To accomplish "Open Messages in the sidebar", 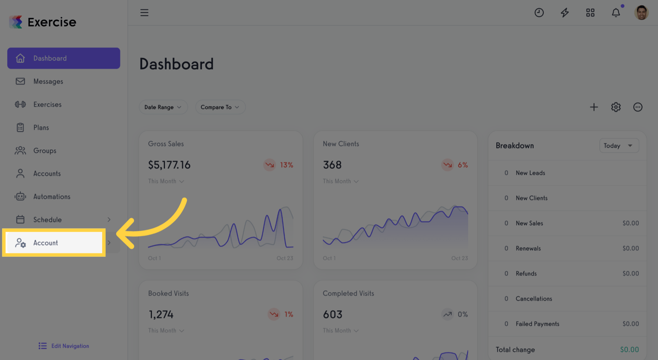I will (x=48, y=81).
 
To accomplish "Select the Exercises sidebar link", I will (x=47, y=105).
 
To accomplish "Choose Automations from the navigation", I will (x=52, y=197).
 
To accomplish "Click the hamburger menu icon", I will (x=144, y=13).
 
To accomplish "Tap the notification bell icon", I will (x=616, y=13).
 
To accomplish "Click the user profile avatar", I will (x=641, y=13).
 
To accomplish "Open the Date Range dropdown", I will (x=163, y=107).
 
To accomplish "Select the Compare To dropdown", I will (x=220, y=107).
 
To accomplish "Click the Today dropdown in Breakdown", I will (x=619, y=146).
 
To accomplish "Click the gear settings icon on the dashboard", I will (x=616, y=107).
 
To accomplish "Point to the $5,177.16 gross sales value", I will (x=169, y=165).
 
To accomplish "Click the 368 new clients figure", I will (x=332, y=165).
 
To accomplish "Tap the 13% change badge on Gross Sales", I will (x=279, y=165).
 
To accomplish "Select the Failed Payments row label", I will (x=537, y=324).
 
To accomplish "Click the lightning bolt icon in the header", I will (x=565, y=13).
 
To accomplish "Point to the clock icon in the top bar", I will (x=539, y=13).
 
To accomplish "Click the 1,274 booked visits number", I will (x=161, y=315).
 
